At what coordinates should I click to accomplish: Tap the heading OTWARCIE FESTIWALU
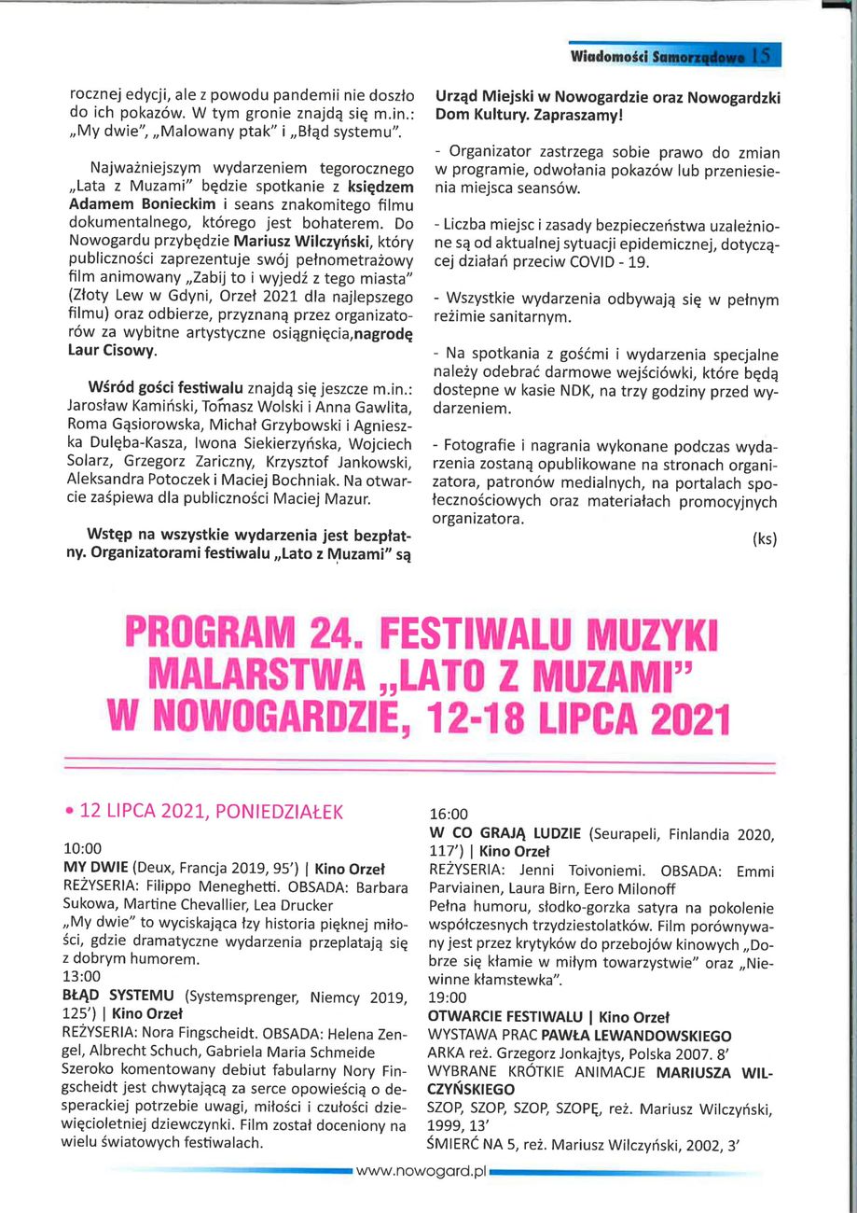click(x=505, y=1016)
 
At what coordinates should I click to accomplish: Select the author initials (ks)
click(x=763, y=539)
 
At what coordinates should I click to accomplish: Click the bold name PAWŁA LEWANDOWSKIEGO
click(x=653, y=1035)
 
